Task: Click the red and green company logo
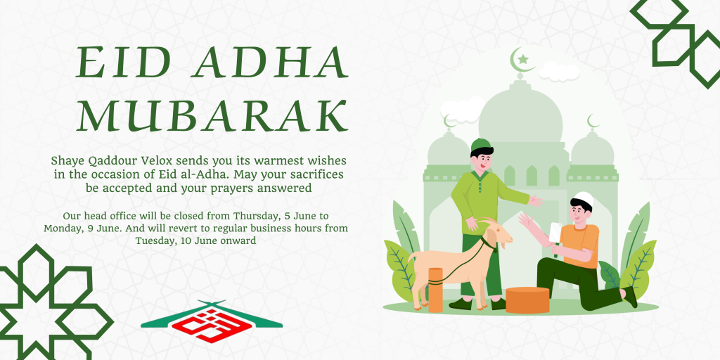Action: click(x=212, y=321)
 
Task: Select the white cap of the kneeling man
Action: click(x=584, y=198)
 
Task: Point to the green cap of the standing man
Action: click(x=480, y=144)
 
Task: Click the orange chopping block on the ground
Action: click(x=527, y=300)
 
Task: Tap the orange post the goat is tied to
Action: click(x=435, y=290)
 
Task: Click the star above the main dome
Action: click(x=523, y=59)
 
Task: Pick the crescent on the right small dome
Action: click(x=593, y=122)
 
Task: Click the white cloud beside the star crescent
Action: click(x=559, y=72)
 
